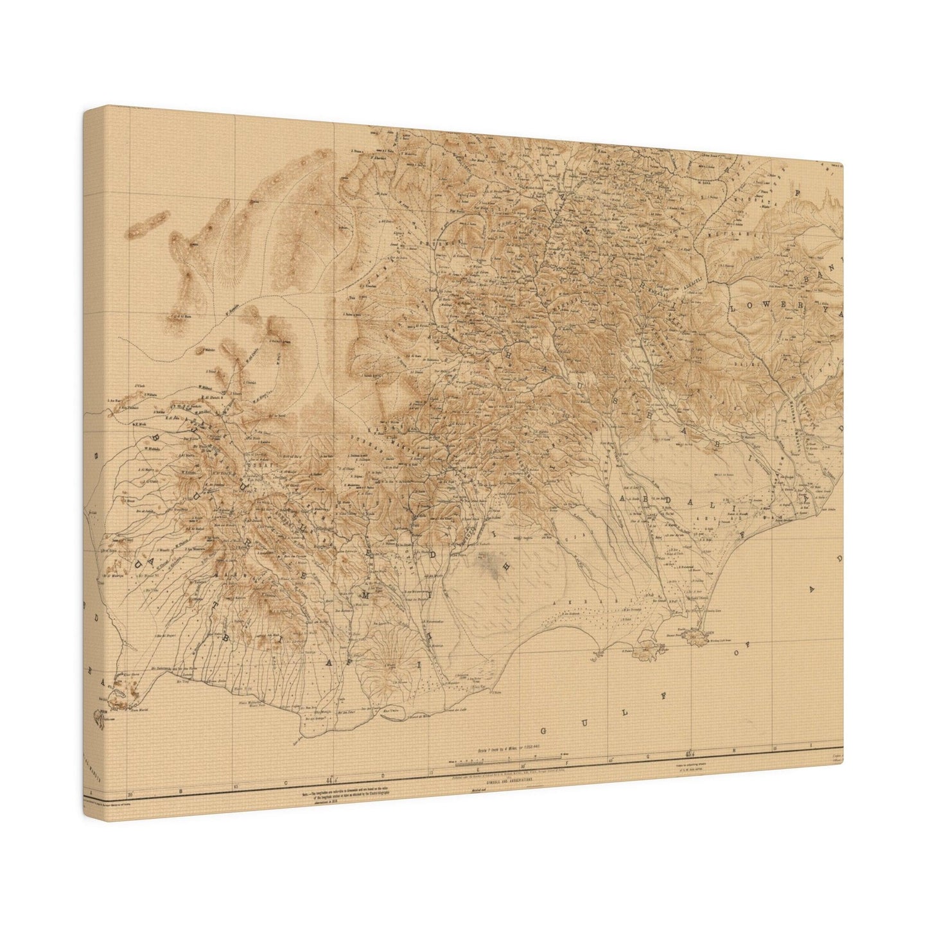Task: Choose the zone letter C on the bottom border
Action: coord(284,783)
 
